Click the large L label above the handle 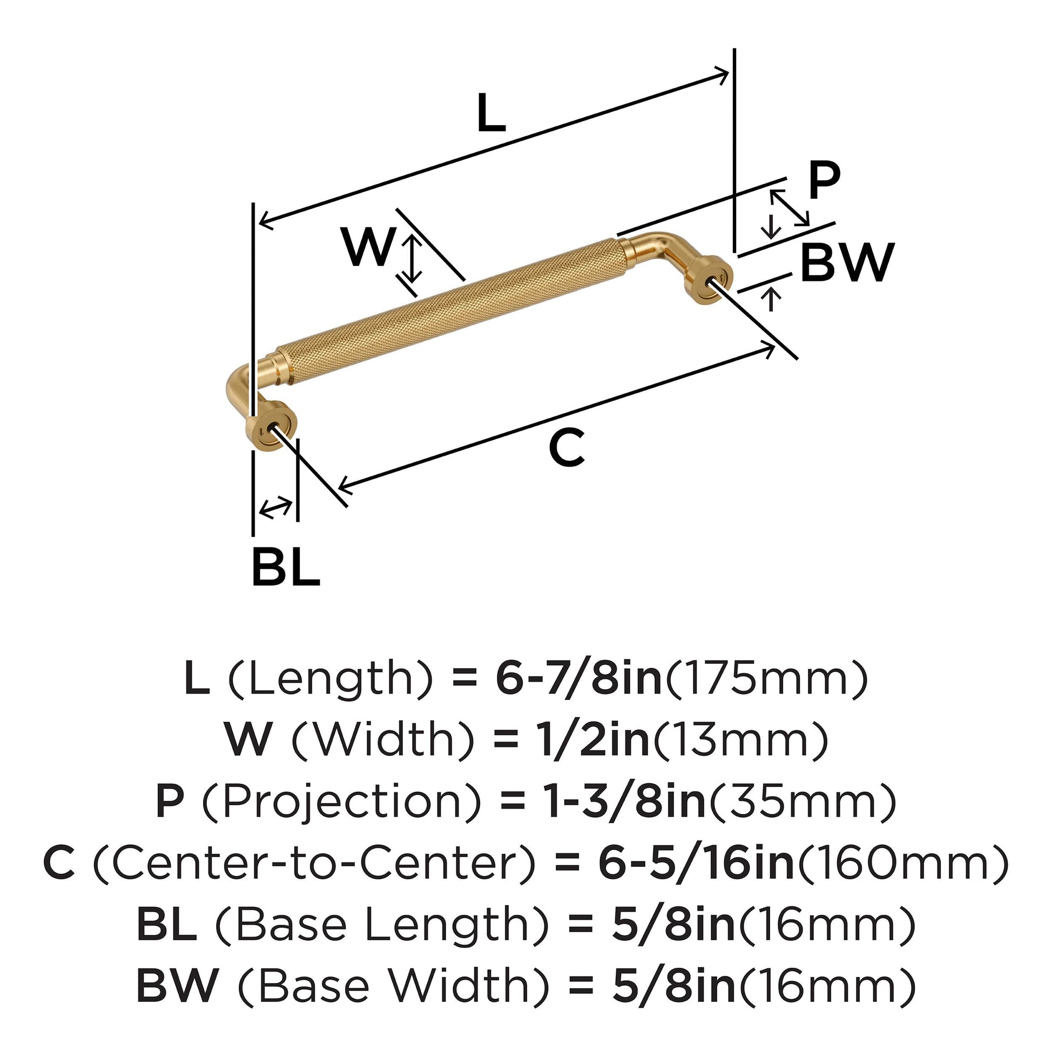pos(491,114)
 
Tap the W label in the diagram pos(368,247)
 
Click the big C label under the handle pos(567,447)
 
